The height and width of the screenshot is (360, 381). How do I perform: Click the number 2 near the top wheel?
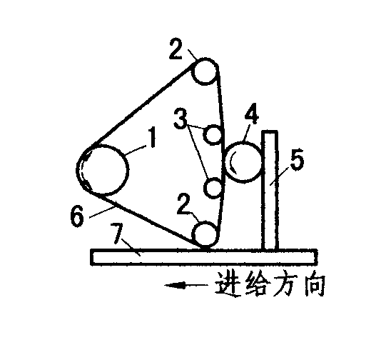pyautogui.click(x=176, y=49)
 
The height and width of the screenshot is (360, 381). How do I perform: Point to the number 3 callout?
pyautogui.click(x=181, y=119)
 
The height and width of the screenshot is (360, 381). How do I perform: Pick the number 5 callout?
pyautogui.click(x=298, y=161)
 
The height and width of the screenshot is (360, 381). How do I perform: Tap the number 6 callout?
pyautogui.click(x=77, y=216)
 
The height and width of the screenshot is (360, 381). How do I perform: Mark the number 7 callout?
pyautogui.click(x=116, y=231)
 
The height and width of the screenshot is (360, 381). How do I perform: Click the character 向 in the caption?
pyautogui.click(x=315, y=284)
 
